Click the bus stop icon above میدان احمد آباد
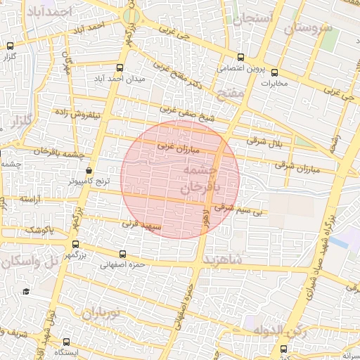click(x=120, y=68)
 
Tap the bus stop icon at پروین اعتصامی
click(x=240, y=57)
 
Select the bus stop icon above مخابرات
click(x=274, y=72)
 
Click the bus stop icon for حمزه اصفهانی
click(x=124, y=254)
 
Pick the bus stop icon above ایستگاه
click(x=72, y=340)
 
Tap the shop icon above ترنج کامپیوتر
click(x=89, y=171)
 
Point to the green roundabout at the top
click(x=130, y=15)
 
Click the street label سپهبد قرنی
click(x=141, y=227)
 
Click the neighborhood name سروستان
click(x=308, y=28)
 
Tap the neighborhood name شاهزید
click(x=223, y=259)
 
